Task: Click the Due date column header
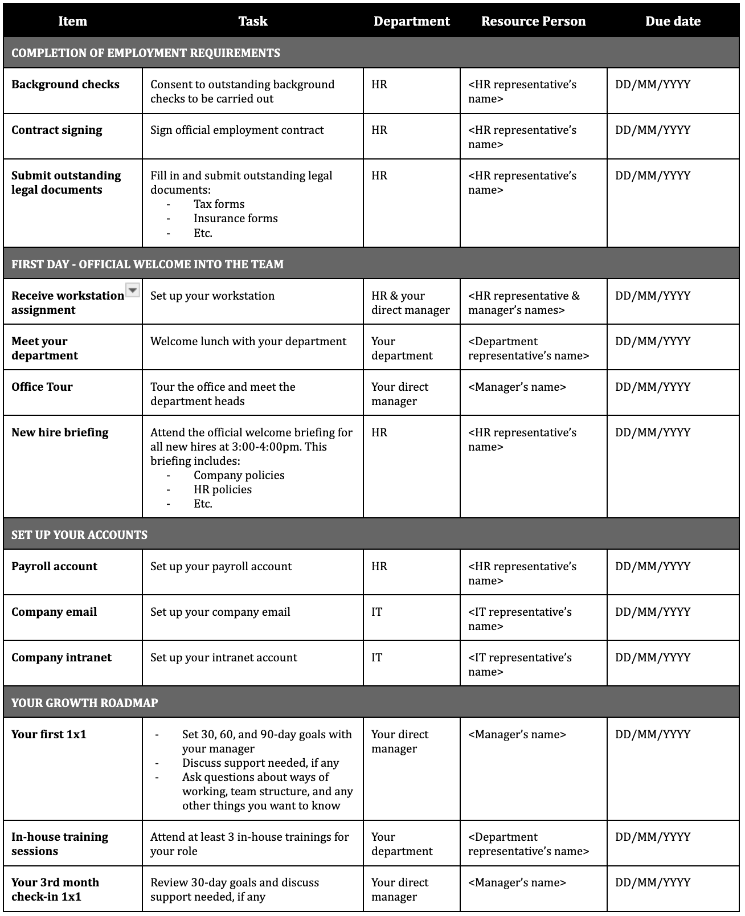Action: pos(673,22)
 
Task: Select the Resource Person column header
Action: pos(533,22)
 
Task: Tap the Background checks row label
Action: pos(66,85)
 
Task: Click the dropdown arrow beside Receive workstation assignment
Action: pos(132,290)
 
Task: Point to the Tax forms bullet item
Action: pos(219,204)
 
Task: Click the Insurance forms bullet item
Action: pos(235,218)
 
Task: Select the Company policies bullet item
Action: pos(239,475)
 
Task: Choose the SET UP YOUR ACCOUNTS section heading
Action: pos(79,534)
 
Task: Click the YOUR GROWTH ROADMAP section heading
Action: pos(84,702)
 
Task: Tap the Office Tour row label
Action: pos(42,387)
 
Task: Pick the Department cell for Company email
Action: pos(377,612)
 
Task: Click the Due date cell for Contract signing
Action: pos(653,130)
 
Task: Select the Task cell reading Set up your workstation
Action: pos(212,296)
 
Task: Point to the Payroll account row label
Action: pos(54,566)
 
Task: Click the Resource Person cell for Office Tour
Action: pos(517,387)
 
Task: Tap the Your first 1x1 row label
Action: pos(49,734)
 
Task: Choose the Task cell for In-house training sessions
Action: pos(249,844)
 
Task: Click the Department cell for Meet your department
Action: pos(402,348)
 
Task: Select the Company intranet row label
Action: pos(62,657)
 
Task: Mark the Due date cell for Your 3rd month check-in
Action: pos(653,882)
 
